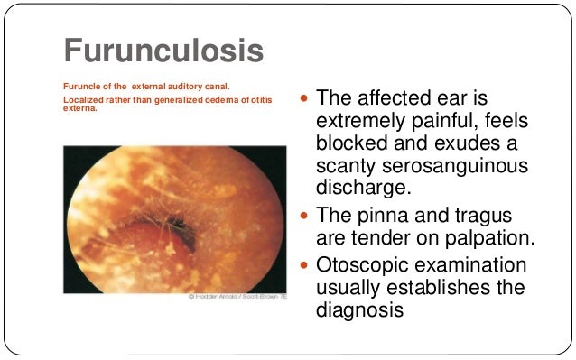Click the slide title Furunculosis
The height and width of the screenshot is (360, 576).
pos(163,51)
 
